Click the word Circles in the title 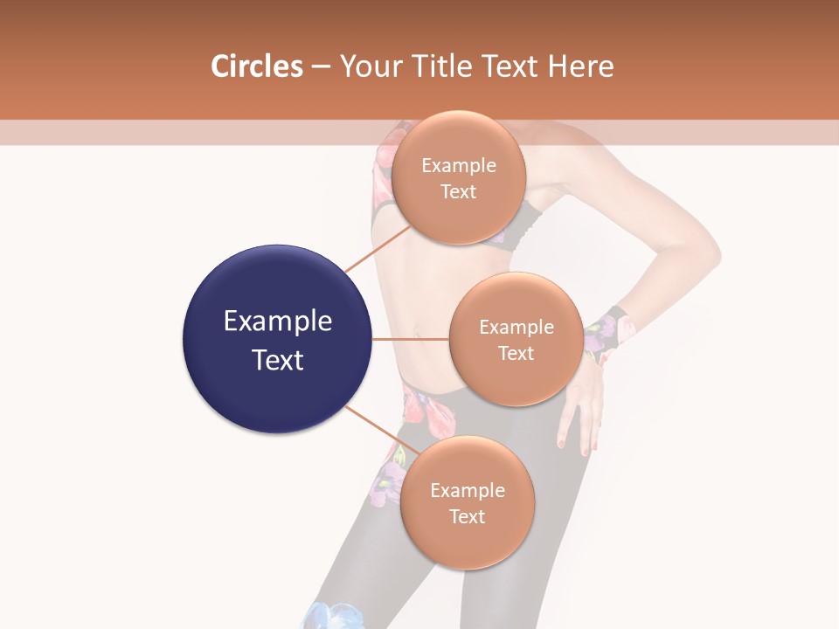click(x=256, y=66)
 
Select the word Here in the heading click(x=581, y=66)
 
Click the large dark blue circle click(x=277, y=339)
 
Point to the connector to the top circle click(x=378, y=248)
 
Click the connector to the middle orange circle click(x=411, y=339)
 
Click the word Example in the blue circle click(x=277, y=321)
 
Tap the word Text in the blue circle click(x=277, y=360)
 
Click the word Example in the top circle click(x=458, y=166)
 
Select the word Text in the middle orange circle click(x=516, y=353)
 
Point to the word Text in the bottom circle click(x=467, y=516)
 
